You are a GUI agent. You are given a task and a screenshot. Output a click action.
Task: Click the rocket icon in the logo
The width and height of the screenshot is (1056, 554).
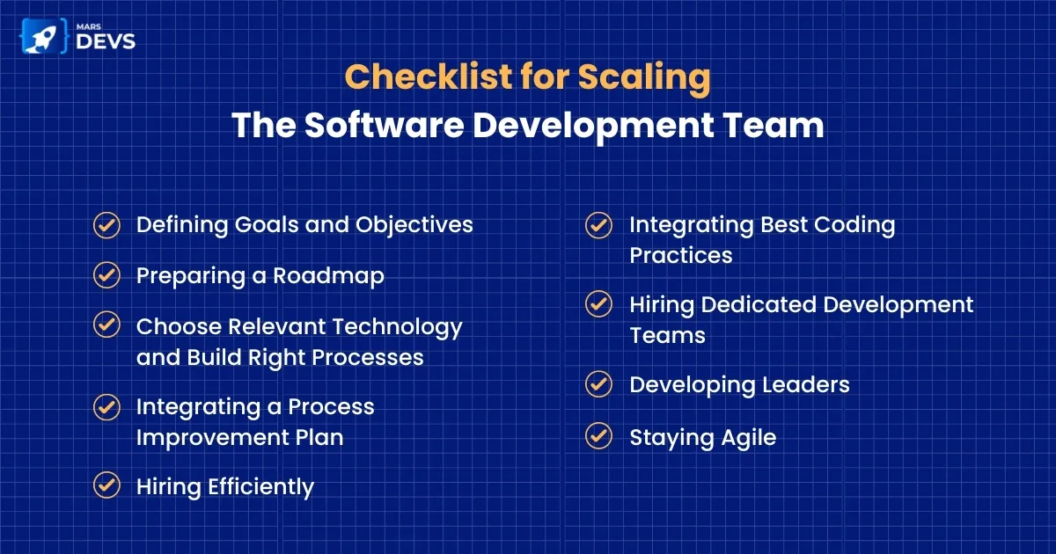pos(42,37)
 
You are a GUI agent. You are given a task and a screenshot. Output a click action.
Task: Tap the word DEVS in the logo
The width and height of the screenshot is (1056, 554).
pos(106,41)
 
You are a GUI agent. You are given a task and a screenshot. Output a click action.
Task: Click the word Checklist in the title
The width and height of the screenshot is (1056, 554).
pos(428,77)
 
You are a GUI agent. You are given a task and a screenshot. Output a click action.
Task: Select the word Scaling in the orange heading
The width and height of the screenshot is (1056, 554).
pos(644,78)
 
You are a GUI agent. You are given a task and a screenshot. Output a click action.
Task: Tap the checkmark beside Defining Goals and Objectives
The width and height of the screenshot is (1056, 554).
pos(107,225)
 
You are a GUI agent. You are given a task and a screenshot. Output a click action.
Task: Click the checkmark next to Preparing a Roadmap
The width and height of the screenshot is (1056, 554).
pos(107,275)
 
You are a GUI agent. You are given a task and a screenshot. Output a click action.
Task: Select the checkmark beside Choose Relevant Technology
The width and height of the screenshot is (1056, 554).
pos(107,324)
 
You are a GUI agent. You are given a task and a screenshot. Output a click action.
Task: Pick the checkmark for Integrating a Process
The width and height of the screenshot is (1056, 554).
pos(107,407)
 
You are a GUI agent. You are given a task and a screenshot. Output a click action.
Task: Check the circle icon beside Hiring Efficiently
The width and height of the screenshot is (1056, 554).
pos(107,485)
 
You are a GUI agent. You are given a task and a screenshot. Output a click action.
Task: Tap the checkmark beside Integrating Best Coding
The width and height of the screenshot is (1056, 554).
pos(599,225)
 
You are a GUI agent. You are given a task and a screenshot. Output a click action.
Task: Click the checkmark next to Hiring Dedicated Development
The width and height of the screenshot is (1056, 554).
pos(599,304)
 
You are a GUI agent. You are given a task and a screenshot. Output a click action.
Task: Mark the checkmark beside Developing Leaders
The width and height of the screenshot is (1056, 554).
pos(599,384)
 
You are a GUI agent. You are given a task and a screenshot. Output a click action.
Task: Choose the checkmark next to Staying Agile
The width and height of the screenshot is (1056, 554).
pos(599,436)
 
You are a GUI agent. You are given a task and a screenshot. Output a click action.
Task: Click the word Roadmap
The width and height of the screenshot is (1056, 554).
pos(328,276)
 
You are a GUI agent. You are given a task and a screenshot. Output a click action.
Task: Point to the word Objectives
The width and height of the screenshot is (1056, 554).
pos(414,226)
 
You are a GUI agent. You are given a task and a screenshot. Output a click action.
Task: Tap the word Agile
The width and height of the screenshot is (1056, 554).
pos(749,439)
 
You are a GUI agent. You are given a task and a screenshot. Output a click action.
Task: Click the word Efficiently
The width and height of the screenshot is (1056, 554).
pos(260,487)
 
